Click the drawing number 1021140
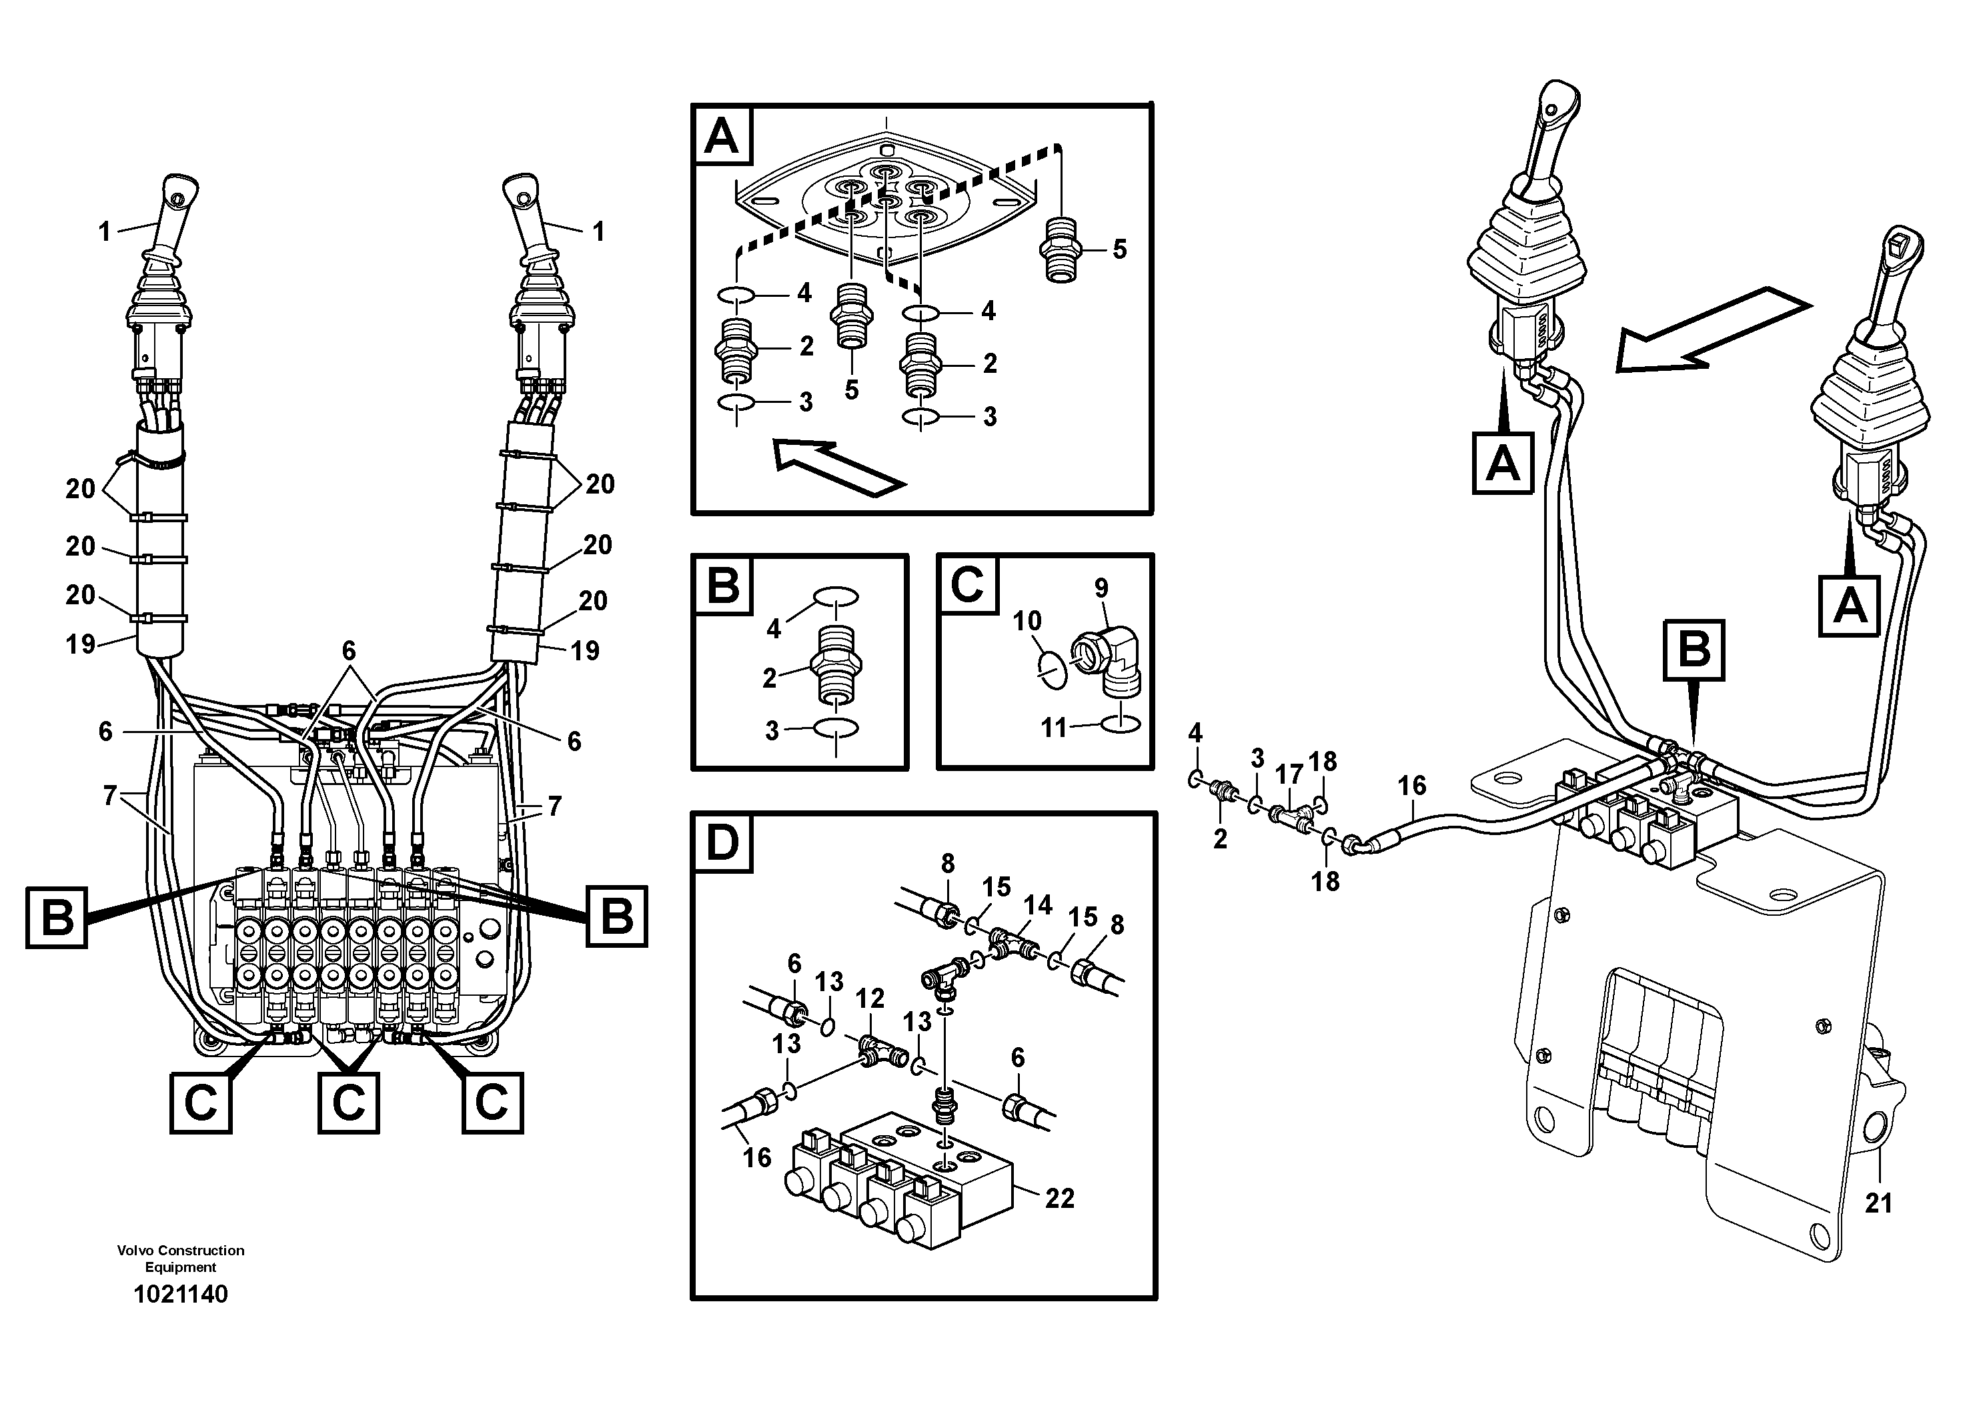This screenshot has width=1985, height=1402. click(181, 1294)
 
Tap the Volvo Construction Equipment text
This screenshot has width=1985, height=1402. click(181, 1259)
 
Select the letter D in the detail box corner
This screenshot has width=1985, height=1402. click(722, 843)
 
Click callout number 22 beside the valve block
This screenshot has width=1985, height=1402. click(1059, 1198)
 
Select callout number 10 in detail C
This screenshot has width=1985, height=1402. click(1027, 620)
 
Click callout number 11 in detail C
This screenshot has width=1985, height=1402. click(1053, 728)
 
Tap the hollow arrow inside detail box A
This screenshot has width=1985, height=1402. click(836, 467)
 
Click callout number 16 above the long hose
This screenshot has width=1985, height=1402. click(1412, 786)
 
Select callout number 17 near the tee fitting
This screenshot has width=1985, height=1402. click(1289, 774)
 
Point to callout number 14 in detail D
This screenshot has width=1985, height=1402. click(1037, 905)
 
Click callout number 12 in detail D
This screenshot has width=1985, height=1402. click(870, 998)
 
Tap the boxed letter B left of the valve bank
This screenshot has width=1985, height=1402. click(57, 916)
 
